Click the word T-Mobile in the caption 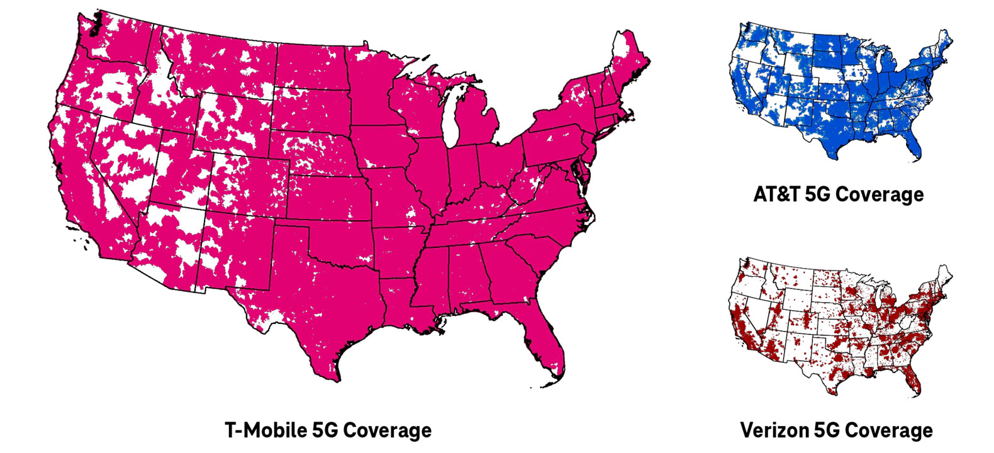click(x=265, y=430)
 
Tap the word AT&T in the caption click(x=776, y=194)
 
